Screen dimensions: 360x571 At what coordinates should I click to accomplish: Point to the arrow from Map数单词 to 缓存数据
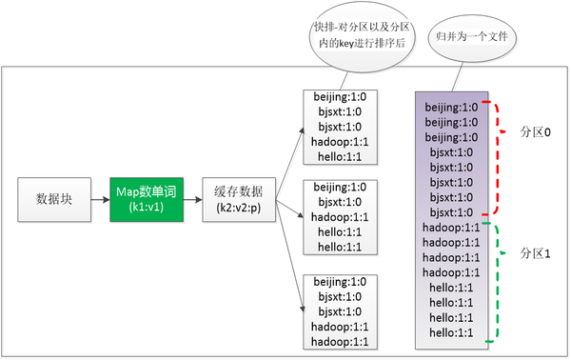[x=187, y=199]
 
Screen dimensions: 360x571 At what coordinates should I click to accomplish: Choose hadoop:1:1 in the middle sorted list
[x=335, y=217]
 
